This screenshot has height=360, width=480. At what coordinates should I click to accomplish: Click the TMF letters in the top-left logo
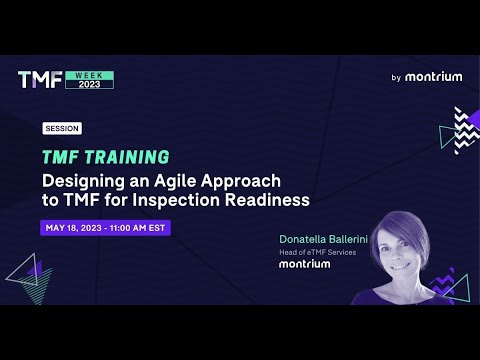(40, 79)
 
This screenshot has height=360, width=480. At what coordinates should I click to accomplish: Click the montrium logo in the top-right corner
(433, 76)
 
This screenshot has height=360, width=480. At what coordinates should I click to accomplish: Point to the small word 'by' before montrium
(396, 77)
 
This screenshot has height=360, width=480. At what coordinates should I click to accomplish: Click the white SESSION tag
(62, 129)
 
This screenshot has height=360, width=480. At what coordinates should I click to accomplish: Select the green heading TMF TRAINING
(105, 157)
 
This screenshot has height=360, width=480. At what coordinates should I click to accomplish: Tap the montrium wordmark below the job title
(304, 265)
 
